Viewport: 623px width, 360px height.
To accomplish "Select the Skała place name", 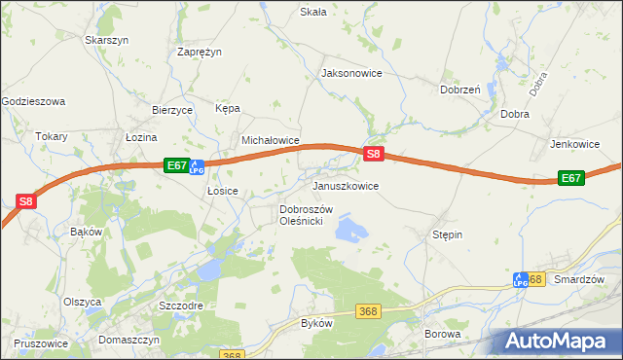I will [312, 12].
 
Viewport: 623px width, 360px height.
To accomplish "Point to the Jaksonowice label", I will [351, 73].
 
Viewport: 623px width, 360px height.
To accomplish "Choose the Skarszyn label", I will [107, 40].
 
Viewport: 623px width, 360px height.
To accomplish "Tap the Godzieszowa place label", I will [33, 100].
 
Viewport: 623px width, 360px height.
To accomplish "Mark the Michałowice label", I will [270, 140].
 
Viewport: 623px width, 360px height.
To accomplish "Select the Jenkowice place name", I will [574, 144].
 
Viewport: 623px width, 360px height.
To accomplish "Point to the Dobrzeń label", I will [459, 90].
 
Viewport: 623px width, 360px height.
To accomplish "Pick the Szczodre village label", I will [180, 305].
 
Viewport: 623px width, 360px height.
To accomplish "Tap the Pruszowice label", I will [41, 343].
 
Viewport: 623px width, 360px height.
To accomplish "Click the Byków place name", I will [317, 322].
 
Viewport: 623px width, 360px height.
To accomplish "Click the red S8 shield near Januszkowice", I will [375, 154].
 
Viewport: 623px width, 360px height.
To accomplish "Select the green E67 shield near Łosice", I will [175, 165].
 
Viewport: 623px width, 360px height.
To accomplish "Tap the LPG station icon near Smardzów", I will [521, 279].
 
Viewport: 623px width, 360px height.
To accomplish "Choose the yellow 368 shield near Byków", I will [367, 310].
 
